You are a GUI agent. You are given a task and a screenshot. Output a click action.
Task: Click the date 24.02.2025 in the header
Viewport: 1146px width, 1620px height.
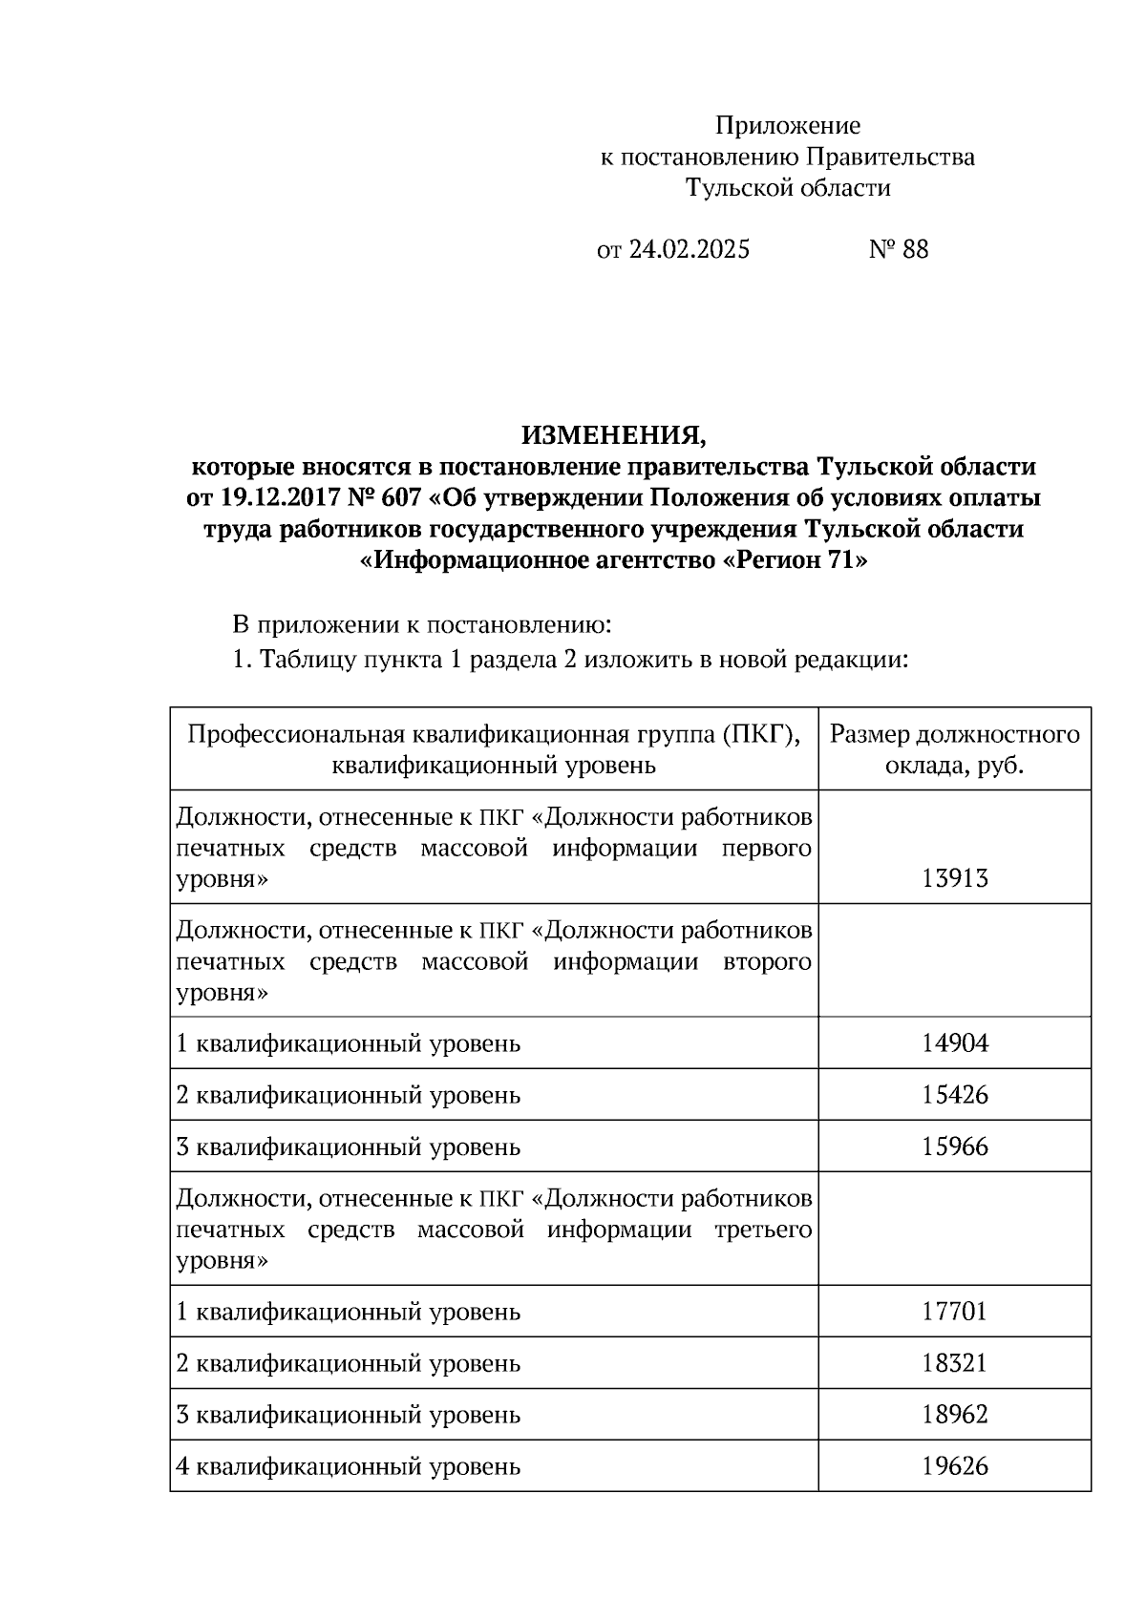690,250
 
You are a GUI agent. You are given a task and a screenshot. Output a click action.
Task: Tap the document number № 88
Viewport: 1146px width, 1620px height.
898,250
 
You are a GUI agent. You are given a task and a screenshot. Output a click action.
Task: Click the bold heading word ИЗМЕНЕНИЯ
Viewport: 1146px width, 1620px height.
614,436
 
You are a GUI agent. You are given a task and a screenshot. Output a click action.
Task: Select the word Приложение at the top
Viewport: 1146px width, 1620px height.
788,126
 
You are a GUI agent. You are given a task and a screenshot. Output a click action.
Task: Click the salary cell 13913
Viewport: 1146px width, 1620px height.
954,878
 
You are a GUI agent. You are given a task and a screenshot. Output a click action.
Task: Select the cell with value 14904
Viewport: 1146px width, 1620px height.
954,1042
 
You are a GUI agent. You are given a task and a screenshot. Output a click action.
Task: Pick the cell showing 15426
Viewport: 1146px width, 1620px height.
954,1094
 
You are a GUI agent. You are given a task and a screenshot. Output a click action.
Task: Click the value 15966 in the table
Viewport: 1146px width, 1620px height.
954,1146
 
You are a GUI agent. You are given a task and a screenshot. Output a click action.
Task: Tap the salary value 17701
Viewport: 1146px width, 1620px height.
954,1311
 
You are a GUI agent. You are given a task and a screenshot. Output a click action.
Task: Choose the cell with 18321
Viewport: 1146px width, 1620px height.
954,1362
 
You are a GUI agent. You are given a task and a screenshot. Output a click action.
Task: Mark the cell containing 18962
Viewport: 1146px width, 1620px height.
954,1414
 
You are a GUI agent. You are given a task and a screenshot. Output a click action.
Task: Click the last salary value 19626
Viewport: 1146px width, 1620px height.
954,1465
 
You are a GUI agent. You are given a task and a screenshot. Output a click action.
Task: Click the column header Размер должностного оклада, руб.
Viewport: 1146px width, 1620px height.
954,749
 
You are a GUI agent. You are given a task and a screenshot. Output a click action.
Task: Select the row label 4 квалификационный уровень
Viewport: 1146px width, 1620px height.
349,1465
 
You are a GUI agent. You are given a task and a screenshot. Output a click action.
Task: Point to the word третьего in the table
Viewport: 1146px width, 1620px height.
763,1230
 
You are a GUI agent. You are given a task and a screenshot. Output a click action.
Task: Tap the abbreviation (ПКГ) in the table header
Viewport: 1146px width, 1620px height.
761,734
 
